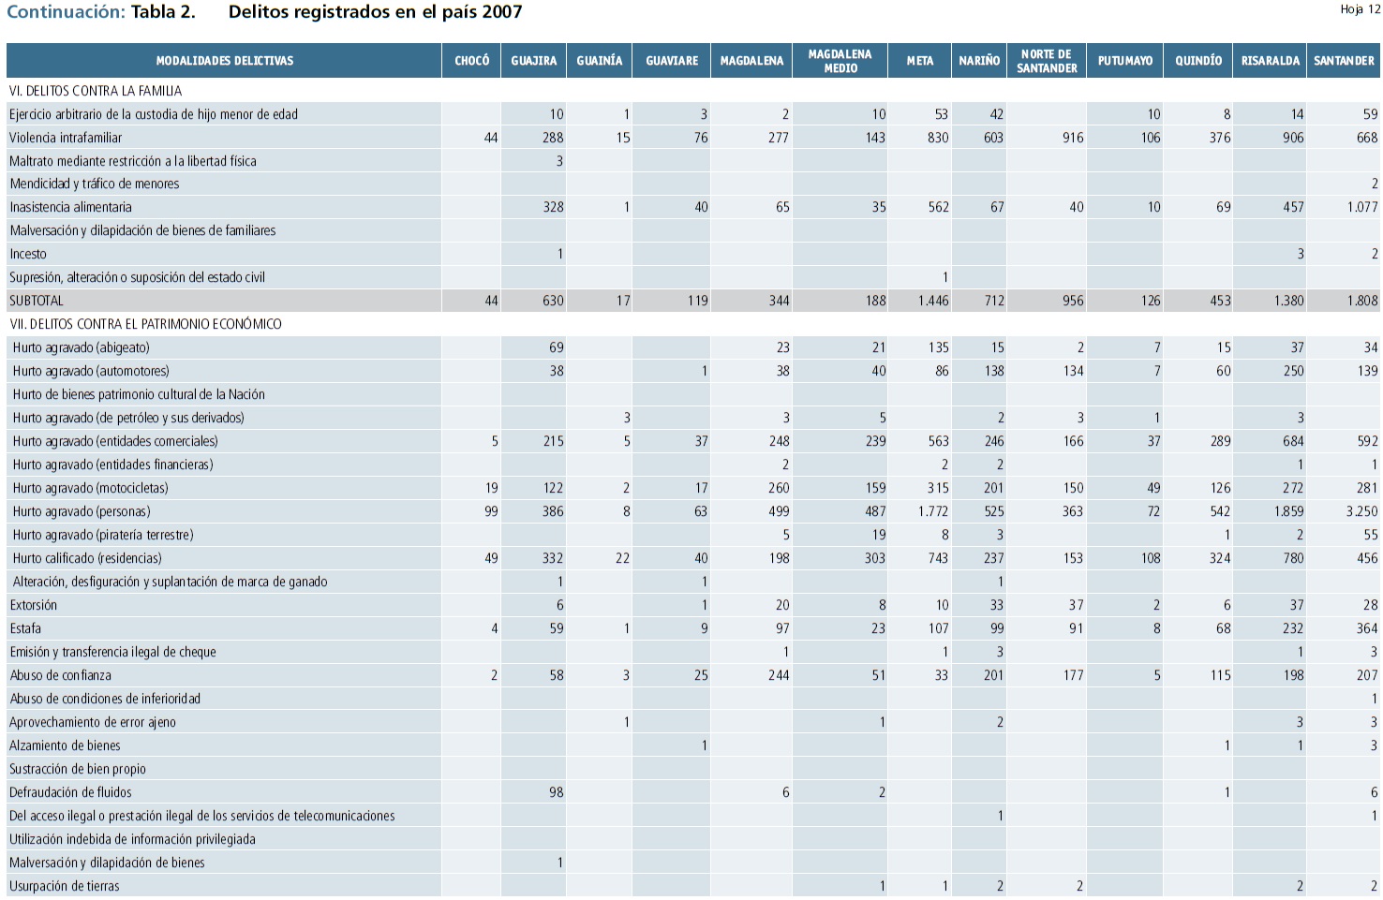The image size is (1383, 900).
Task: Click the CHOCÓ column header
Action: point(471,61)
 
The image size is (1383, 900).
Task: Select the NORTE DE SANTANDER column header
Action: point(1046,61)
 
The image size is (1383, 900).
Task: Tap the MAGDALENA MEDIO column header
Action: point(840,61)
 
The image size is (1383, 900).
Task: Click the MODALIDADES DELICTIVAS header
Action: point(225,61)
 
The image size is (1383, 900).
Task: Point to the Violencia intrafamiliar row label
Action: point(66,138)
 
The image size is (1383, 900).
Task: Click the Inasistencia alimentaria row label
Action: point(70,207)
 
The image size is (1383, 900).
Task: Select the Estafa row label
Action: point(25,628)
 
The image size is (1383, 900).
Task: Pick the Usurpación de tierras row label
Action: point(65,886)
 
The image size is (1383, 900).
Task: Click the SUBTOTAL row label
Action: point(37,301)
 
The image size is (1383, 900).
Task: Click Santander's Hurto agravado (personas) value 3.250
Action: point(1361,511)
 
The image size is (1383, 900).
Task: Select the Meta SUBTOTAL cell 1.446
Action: point(932,301)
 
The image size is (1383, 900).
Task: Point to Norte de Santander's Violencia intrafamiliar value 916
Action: point(1072,138)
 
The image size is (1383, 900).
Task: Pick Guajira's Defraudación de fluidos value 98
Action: point(556,792)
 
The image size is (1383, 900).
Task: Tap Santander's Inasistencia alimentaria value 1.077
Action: point(1361,207)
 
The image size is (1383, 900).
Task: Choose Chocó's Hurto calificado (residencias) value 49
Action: point(491,558)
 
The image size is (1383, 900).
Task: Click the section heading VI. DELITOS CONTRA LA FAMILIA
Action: point(96,91)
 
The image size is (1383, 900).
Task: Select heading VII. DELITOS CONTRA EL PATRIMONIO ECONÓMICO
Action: point(145,324)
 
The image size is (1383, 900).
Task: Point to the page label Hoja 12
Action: point(1360,9)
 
